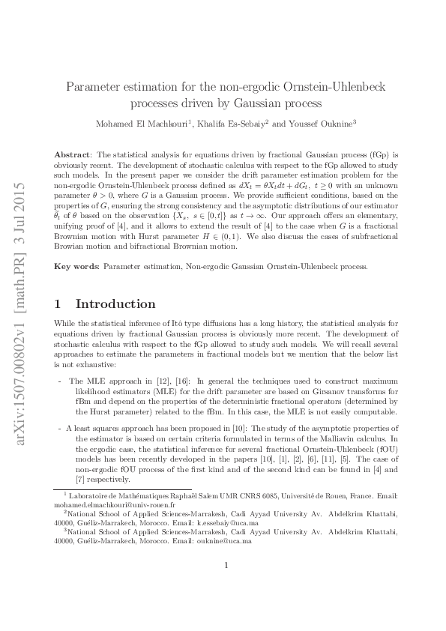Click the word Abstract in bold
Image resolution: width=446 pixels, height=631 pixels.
click(72, 153)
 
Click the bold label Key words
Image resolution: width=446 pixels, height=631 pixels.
click(76, 266)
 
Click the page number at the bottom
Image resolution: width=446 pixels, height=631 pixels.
click(226, 586)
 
